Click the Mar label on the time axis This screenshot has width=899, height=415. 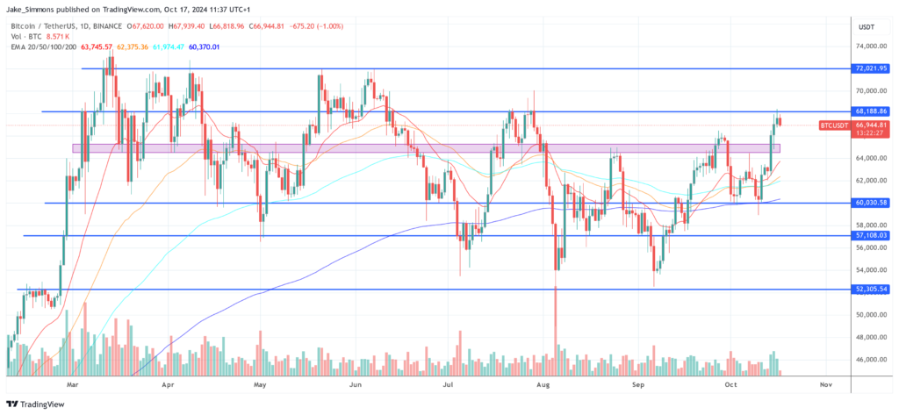coord(74,384)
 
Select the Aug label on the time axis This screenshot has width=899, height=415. coord(543,384)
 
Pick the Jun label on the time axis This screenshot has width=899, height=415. coord(356,384)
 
